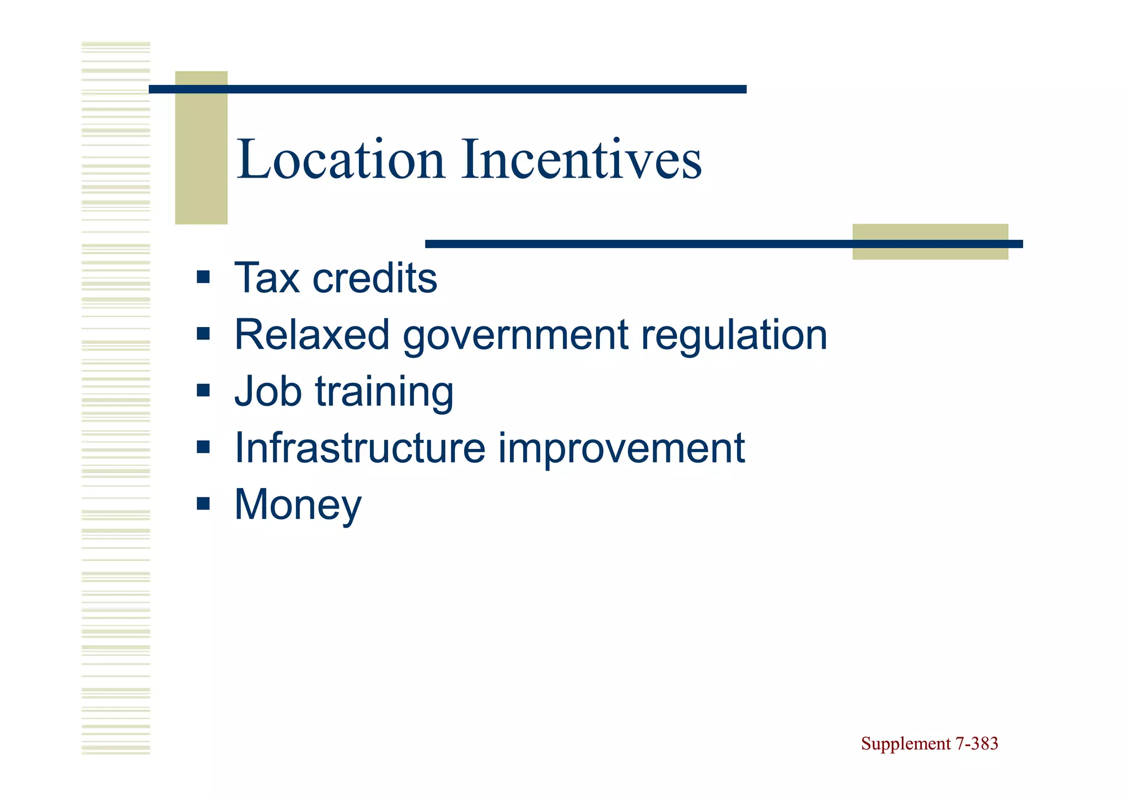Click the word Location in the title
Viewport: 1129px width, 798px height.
[340, 160]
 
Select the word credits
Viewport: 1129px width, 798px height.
[374, 278]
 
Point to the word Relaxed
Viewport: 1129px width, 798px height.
[312, 335]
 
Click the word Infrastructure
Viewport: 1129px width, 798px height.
[360, 448]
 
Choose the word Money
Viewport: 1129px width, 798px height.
[298, 505]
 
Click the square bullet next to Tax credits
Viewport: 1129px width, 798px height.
[203, 277]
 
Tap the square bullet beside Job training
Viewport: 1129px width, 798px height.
[203, 390]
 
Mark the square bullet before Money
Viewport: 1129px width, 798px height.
[203, 504]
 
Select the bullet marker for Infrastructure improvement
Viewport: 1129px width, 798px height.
[203, 447]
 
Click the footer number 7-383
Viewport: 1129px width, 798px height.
[976, 744]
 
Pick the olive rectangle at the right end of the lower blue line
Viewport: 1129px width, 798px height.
[930, 242]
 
